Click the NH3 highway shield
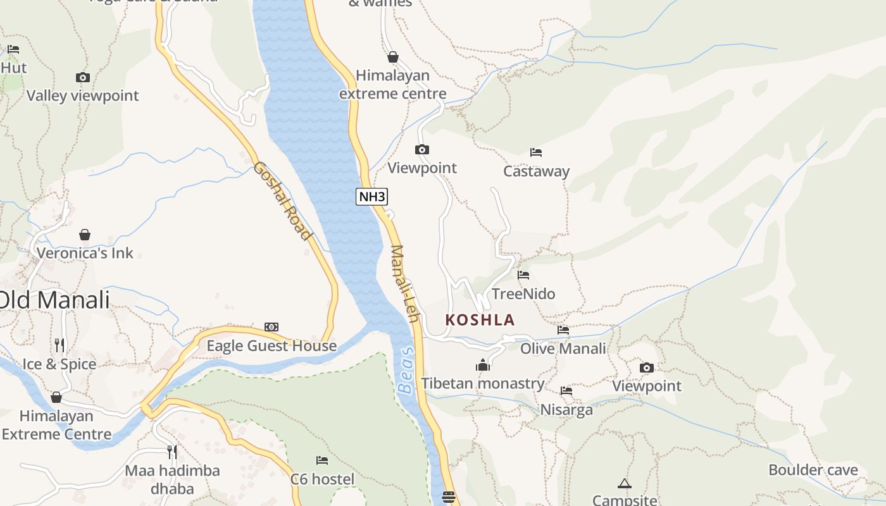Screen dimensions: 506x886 click(371, 197)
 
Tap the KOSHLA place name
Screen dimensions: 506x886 click(480, 319)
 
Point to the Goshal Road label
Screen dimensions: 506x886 click(283, 201)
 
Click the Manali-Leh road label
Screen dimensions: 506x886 click(405, 283)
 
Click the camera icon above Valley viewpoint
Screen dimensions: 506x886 click(83, 78)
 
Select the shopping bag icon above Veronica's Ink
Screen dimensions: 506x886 click(85, 235)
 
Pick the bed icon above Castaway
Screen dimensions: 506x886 click(536, 152)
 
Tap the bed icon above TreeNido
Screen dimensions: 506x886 click(523, 275)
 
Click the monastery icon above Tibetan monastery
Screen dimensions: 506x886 click(483, 365)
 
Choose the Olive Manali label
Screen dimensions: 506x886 click(563, 349)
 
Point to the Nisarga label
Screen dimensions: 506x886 click(566, 410)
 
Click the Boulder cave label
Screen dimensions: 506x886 click(813, 470)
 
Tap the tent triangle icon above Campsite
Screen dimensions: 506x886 click(625, 484)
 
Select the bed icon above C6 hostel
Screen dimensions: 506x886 click(322, 460)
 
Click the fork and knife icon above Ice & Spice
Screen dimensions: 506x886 click(59, 345)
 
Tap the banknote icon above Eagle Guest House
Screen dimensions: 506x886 click(271, 327)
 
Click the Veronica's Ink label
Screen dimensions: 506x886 click(85, 253)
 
